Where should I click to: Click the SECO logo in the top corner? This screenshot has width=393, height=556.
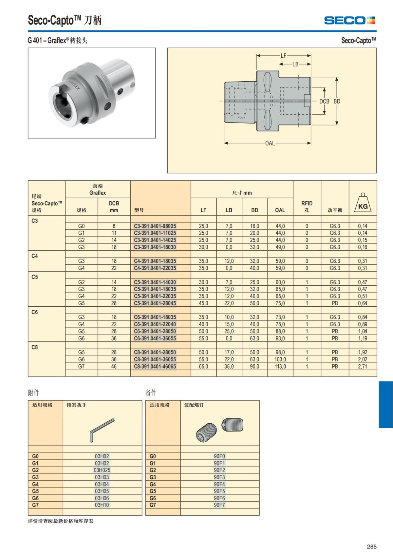349,20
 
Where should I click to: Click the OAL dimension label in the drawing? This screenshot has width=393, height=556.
270,143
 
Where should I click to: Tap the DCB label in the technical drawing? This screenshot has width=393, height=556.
324,101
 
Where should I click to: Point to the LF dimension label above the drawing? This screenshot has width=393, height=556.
283,56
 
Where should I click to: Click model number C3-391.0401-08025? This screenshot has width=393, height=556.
155,226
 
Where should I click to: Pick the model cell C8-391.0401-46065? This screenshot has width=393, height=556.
155,366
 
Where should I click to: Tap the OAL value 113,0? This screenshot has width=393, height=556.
280,366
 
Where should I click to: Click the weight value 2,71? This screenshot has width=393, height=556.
363,366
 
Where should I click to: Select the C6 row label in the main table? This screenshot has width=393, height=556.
35,312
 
